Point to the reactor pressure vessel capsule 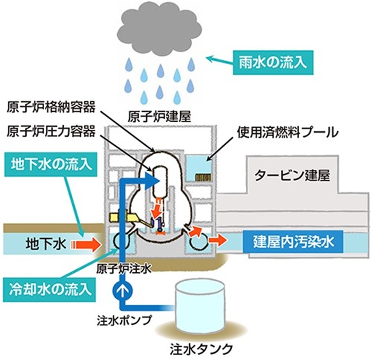click(x=160, y=181)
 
